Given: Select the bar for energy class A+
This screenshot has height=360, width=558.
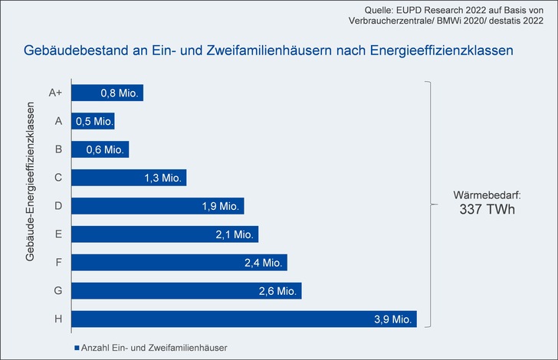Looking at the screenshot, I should [x=107, y=93].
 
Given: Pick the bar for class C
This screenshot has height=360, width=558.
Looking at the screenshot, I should [x=128, y=178].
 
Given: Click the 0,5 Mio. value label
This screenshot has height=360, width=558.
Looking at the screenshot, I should [x=93, y=121].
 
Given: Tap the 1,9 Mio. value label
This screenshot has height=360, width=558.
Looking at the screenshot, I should [x=221, y=206].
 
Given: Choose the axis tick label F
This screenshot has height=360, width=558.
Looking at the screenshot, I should [x=59, y=262].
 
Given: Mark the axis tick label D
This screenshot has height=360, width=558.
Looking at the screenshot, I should [x=59, y=206].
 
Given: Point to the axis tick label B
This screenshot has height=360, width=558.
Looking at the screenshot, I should [x=59, y=149].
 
